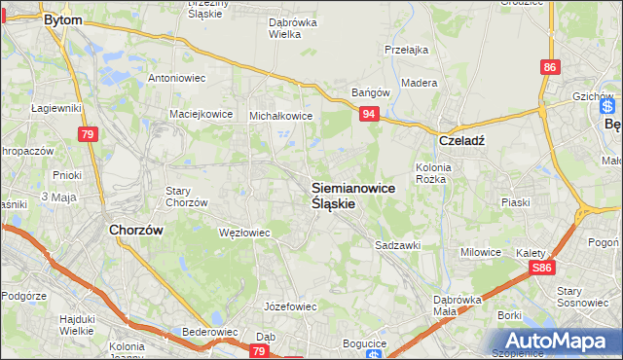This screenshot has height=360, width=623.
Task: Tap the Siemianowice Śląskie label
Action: pos(353,196)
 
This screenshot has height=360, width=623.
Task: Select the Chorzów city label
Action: pos(134,231)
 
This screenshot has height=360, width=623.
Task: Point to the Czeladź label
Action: pos(461,139)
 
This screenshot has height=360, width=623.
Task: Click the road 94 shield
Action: pos(368,115)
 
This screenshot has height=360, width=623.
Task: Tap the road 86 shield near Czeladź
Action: pos(551,66)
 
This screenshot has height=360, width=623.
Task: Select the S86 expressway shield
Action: pos(543,268)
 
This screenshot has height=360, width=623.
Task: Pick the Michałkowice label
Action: pos(280,115)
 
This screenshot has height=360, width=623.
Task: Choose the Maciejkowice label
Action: pos(201,113)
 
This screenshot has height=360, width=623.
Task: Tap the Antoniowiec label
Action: pos(174,78)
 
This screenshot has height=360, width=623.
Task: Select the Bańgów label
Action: pos(370,93)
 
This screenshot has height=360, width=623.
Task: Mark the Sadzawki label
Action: pos(398,246)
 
